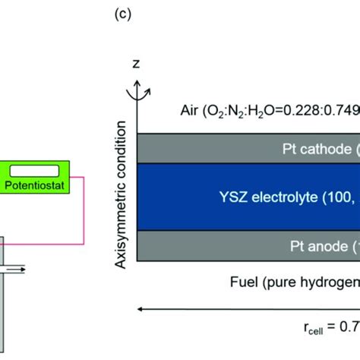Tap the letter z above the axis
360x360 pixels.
(137, 65)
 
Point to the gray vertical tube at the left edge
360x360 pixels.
(3, 319)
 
